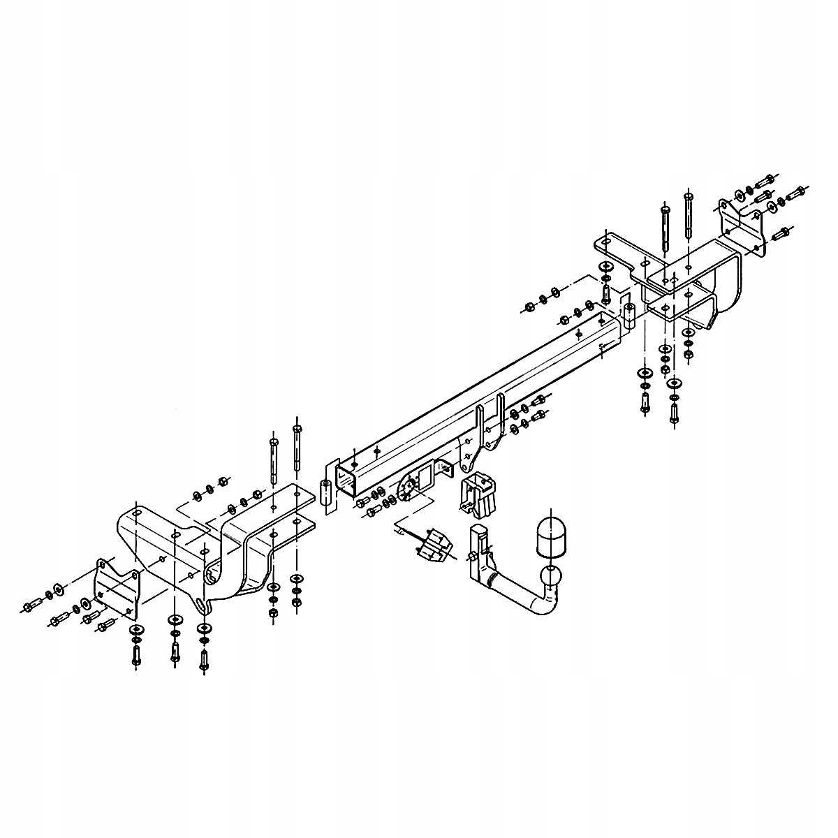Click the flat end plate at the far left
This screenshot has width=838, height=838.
point(116,591)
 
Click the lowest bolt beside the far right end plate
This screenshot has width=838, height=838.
point(782,233)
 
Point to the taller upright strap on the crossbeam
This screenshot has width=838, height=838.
point(500,419)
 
